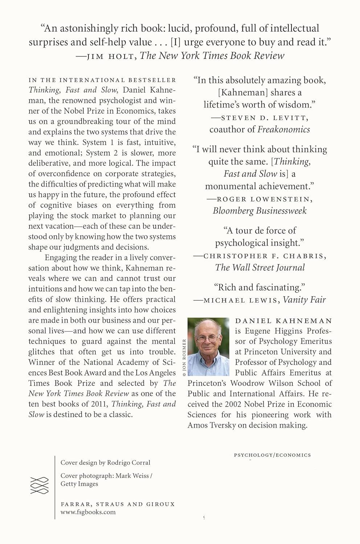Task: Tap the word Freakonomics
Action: pyautogui.click(x=283, y=129)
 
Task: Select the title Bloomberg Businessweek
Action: pyautogui.click(x=259, y=211)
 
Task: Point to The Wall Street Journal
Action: pyautogui.click(x=259, y=268)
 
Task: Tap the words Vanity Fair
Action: pyautogui.click(x=304, y=300)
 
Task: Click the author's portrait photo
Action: pyautogui.click(x=208, y=346)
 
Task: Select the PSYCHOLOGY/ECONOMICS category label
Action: pyautogui.click(x=272, y=455)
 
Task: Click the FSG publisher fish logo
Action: pyautogui.click(x=39, y=485)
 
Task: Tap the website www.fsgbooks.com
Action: pyautogui.click(x=88, y=512)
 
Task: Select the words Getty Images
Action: pyautogui.click(x=79, y=484)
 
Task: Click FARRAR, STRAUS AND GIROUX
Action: pyautogui.click(x=118, y=504)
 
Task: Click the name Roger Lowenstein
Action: pyautogui.click(x=264, y=199)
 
